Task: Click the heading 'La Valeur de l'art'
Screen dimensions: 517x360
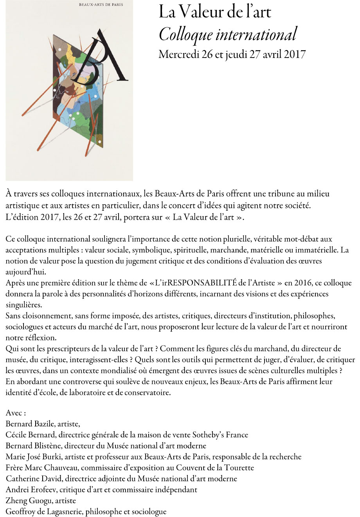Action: (215, 13)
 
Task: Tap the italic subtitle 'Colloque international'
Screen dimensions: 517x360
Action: (228, 34)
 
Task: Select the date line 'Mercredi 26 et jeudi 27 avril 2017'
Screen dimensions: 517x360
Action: (232, 54)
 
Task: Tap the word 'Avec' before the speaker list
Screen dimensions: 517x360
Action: (16, 413)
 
